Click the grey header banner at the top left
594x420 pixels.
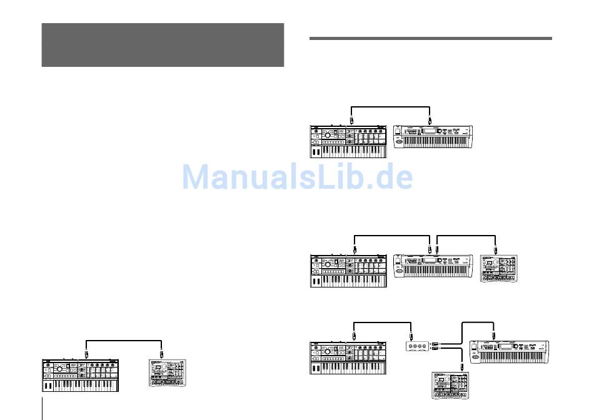[x=163, y=45]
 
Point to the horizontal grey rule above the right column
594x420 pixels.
[x=431, y=38]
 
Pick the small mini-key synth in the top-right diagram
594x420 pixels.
[x=348, y=142]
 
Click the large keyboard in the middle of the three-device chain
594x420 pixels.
[x=433, y=267]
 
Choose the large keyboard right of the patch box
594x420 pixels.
[x=509, y=353]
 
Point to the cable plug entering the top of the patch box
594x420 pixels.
[x=411, y=335]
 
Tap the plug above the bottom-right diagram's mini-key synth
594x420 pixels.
[x=354, y=335]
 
